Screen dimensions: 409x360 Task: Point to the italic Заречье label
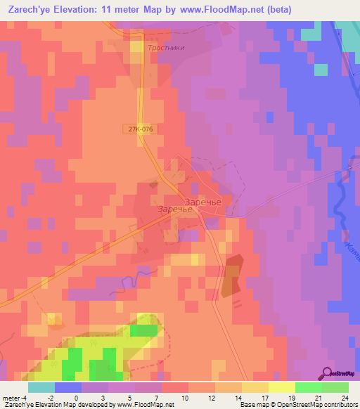(174, 209)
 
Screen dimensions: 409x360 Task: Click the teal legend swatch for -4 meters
(41, 387)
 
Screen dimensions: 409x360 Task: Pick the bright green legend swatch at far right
(335, 387)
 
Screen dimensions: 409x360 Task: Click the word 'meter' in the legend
(11, 397)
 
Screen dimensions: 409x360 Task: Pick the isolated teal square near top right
(321, 69)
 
